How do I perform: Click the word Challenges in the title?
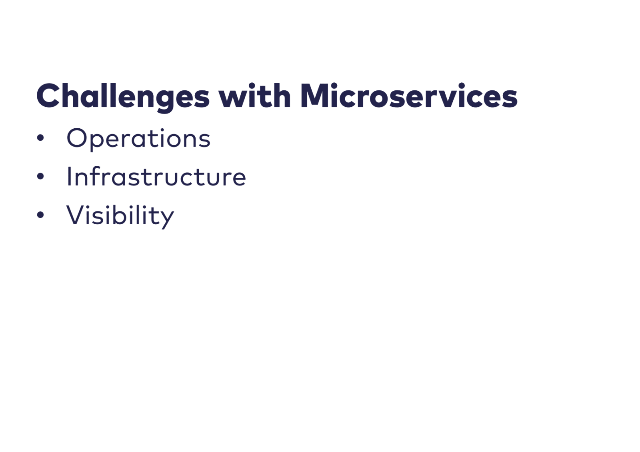point(123,98)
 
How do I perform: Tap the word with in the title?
point(255,95)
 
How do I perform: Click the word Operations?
point(138,139)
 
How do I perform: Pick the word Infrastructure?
point(156,176)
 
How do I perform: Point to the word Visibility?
point(120,217)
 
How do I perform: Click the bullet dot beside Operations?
point(40,138)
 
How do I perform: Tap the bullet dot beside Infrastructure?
point(40,176)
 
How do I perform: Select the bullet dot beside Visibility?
point(40,215)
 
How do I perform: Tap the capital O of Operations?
point(77,138)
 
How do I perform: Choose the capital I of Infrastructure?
point(68,176)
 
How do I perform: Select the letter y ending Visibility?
point(166,220)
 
